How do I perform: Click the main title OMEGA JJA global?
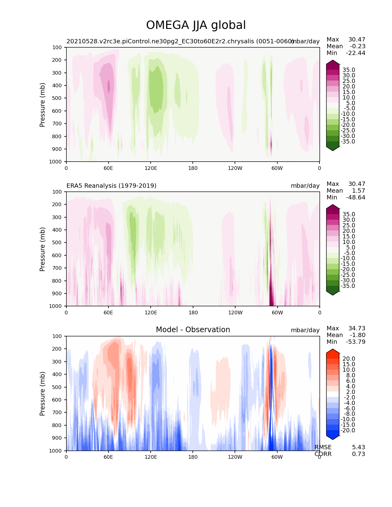tap(196, 25)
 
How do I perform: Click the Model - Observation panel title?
tap(193, 330)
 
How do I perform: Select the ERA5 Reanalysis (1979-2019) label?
tap(111, 186)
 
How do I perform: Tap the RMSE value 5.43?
tap(358, 447)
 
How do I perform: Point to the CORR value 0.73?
tap(358, 454)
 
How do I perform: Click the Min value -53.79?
tap(356, 342)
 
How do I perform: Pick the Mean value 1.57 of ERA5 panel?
tap(358, 191)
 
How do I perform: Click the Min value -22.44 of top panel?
tap(356, 53)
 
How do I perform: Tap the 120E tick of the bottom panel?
tap(151, 457)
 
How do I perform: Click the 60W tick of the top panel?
tap(277, 168)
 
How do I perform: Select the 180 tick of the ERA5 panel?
tap(193, 312)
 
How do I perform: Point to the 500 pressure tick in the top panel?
tap(57, 98)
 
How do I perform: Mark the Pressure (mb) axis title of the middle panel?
tap(42, 249)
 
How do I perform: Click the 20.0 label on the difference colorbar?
tap(349, 359)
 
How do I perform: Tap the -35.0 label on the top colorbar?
tap(348, 142)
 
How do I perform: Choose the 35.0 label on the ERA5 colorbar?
tap(349, 214)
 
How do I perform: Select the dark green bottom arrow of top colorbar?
tap(333, 148)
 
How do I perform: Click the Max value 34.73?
tap(357, 328)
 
